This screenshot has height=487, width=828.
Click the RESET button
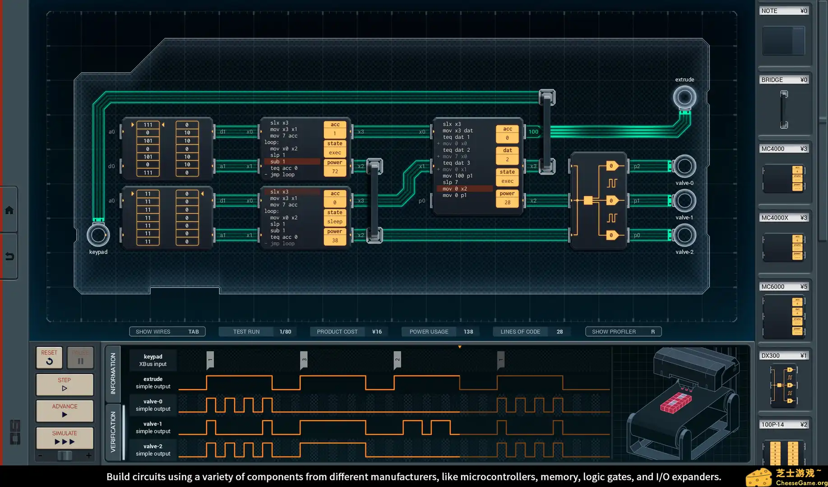click(x=49, y=357)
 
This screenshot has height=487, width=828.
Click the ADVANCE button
click(x=65, y=410)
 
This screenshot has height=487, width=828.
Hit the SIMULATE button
click(x=65, y=437)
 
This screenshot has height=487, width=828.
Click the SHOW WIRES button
click(x=167, y=331)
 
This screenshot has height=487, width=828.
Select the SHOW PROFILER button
click(x=623, y=331)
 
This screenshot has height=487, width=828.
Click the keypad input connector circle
click(x=98, y=235)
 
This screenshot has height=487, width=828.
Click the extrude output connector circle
click(x=684, y=97)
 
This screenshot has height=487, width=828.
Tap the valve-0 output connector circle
click(x=684, y=166)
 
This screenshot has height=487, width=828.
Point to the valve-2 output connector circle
click(x=684, y=235)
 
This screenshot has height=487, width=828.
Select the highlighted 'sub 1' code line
click(x=293, y=161)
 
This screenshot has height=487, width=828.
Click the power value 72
click(x=335, y=171)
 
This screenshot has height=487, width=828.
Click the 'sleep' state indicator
click(x=335, y=221)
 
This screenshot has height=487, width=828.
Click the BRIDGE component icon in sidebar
click(x=784, y=110)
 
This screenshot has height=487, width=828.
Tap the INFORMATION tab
click(x=113, y=373)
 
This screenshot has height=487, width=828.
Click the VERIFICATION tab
click(x=113, y=432)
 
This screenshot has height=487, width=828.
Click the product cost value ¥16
click(x=377, y=331)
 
